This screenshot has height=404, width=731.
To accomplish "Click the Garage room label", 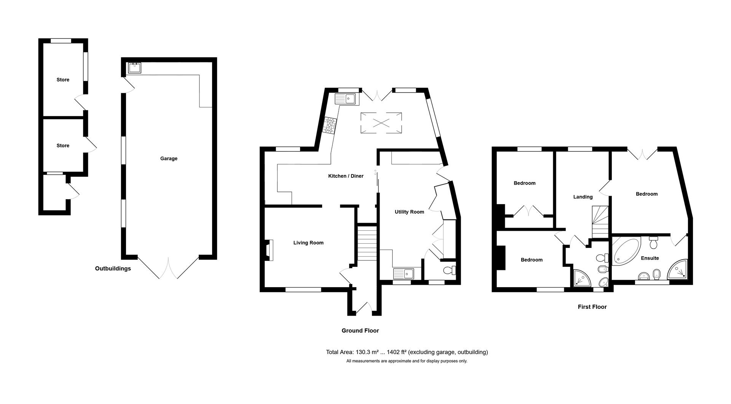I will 169,158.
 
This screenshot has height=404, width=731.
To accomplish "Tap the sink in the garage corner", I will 135,68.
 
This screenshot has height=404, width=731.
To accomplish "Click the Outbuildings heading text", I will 113,268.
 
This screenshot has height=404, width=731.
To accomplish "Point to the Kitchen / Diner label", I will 346,176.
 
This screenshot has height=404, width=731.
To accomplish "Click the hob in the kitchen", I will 330,125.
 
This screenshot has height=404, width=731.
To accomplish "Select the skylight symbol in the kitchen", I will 381,123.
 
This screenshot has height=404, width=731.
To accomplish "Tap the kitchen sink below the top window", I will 345,99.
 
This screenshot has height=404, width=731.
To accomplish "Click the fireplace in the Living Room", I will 270,250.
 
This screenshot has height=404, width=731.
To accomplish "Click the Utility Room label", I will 409,212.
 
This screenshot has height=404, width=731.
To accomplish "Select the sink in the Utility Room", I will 404,273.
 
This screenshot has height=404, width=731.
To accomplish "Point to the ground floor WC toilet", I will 450,270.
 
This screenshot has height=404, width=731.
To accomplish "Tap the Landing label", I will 583,197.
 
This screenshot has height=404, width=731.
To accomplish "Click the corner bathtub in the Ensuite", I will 625,251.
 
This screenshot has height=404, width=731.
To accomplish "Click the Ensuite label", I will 650,258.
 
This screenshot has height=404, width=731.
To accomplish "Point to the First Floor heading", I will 592,307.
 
